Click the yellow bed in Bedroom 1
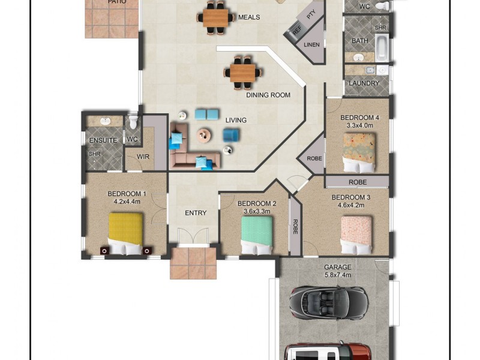tap(125, 233)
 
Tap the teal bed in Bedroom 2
tap(257, 235)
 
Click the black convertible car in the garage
tap(329, 304)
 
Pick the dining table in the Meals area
tap(215, 18)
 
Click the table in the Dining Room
tap(243, 73)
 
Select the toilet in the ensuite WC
tap(133, 122)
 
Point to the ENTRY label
tap(196, 213)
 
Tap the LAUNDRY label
tap(364, 83)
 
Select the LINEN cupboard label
tap(311, 44)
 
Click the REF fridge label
tap(296, 31)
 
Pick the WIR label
tap(143, 157)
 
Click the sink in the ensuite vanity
tap(106, 121)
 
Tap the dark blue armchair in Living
tap(231, 135)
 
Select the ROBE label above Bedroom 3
tap(358, 182)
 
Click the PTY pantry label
tap(311, 14)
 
